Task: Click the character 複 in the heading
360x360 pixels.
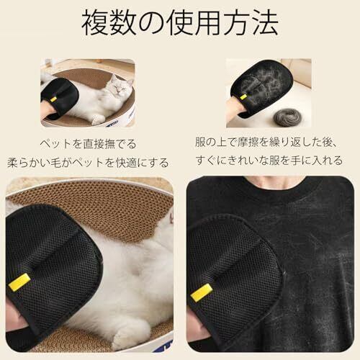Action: [x=95, y=24]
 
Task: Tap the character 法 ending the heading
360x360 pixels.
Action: [x=264, y=24]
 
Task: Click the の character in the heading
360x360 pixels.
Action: [x=151, y=24]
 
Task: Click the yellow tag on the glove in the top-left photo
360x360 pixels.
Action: [x=53, y=99]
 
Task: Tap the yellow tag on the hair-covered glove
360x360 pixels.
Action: [x=244, y=97]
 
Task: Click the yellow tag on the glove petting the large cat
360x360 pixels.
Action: [x=19, y=282]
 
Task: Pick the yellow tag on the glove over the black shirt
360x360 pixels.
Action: [x=202, y=292]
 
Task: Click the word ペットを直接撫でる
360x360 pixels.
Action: [x=88, y=144]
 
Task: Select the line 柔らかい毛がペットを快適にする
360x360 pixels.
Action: [x=88, y=163]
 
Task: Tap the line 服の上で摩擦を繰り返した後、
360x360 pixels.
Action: [x=266, y=142]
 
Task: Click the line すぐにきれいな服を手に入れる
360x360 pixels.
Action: [x=269, y=161]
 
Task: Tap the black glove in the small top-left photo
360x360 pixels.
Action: [x=60, y=98]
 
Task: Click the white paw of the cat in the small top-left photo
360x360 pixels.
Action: [x=97, y=120]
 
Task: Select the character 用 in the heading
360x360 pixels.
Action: [x=208, y=24]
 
